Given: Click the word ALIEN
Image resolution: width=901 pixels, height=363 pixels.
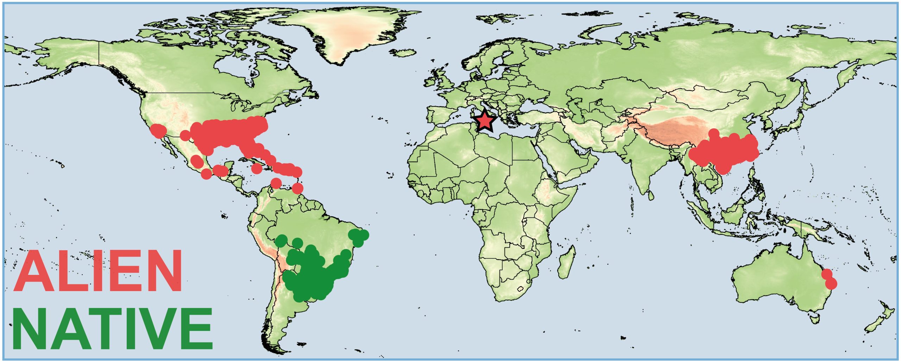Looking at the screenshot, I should [98, 271].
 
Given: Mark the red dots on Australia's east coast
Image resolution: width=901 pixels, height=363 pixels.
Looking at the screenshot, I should [828, 278].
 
